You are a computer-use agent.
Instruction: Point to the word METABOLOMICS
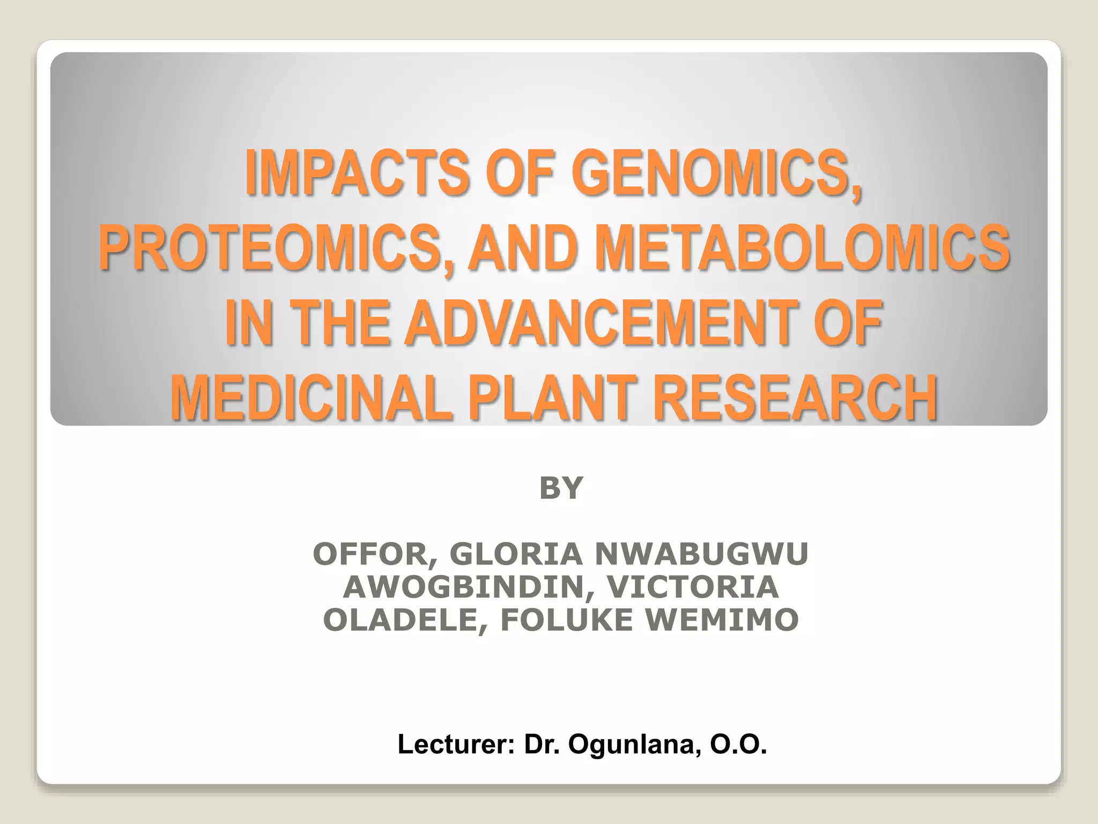[x=802, y=247]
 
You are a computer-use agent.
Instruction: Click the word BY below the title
[x=561, y=488]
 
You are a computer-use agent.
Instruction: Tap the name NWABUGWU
[x=701, y=554]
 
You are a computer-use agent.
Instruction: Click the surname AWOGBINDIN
[x=463, y=587]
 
